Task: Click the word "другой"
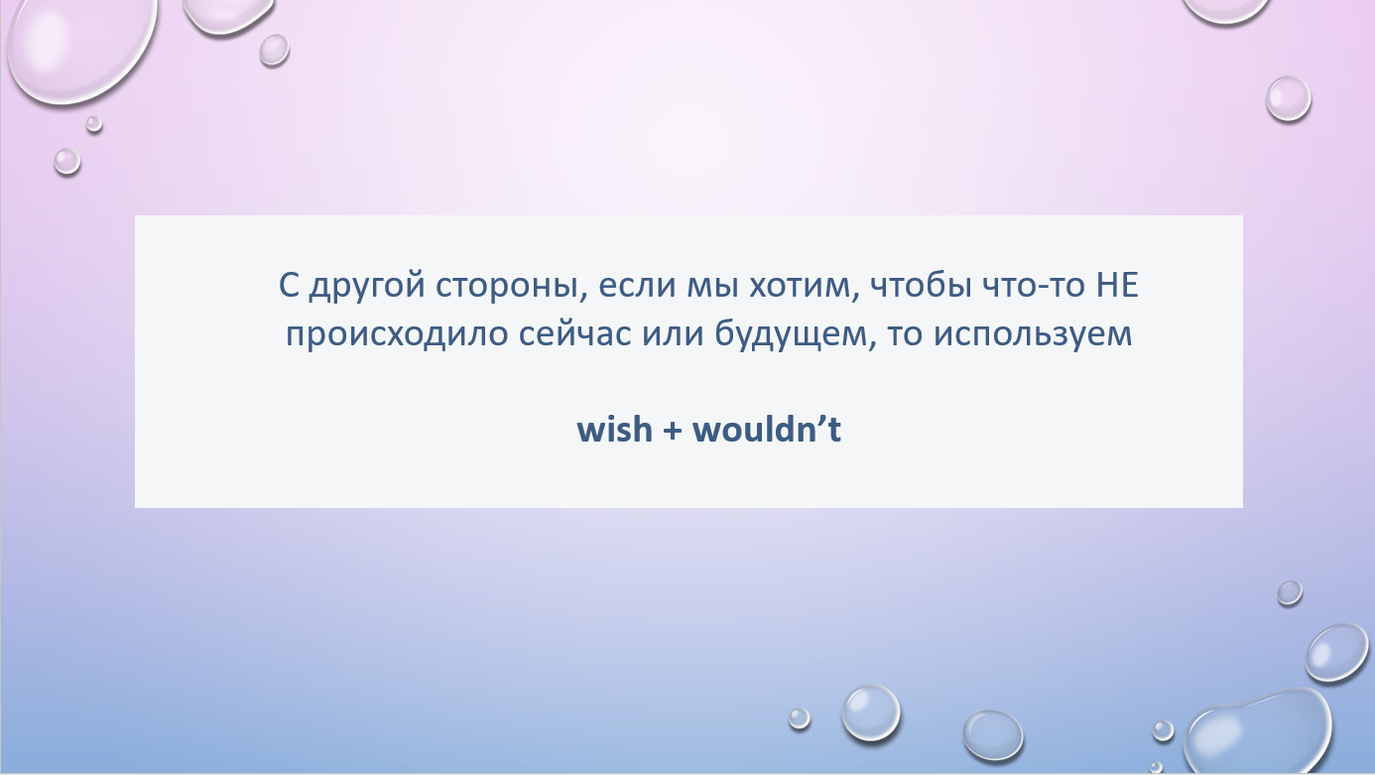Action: (367, 287)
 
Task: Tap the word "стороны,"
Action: (511, 286)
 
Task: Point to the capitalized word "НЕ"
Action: (1117, 285)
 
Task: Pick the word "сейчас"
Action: (575, 335)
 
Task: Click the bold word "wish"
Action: (614, 429)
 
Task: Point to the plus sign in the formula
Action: (673, 430)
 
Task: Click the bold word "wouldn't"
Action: (767, 429)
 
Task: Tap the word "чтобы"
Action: (922, 285)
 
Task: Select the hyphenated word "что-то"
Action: (1035, 286)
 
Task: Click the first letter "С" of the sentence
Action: (289, 286)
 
